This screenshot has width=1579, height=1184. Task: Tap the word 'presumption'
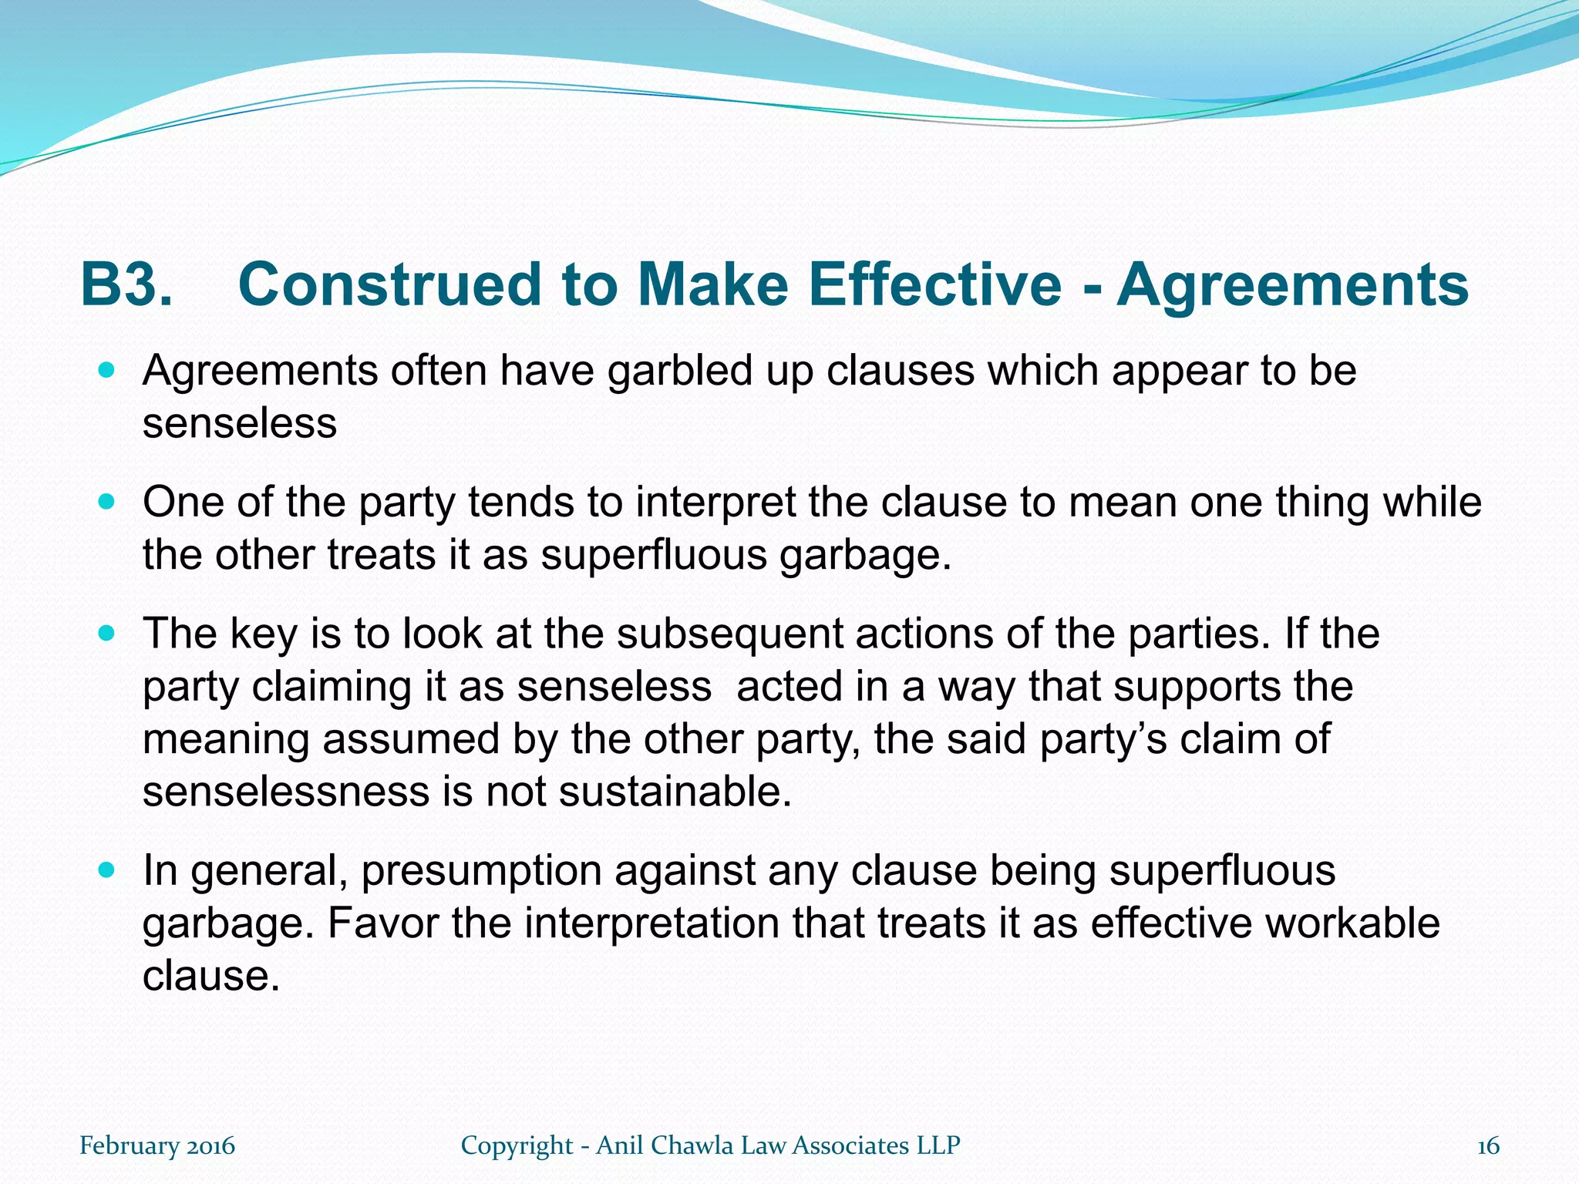point(481,872)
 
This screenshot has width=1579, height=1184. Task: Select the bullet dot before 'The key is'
point(107,634)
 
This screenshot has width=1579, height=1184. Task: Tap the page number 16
point(1488,1146)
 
